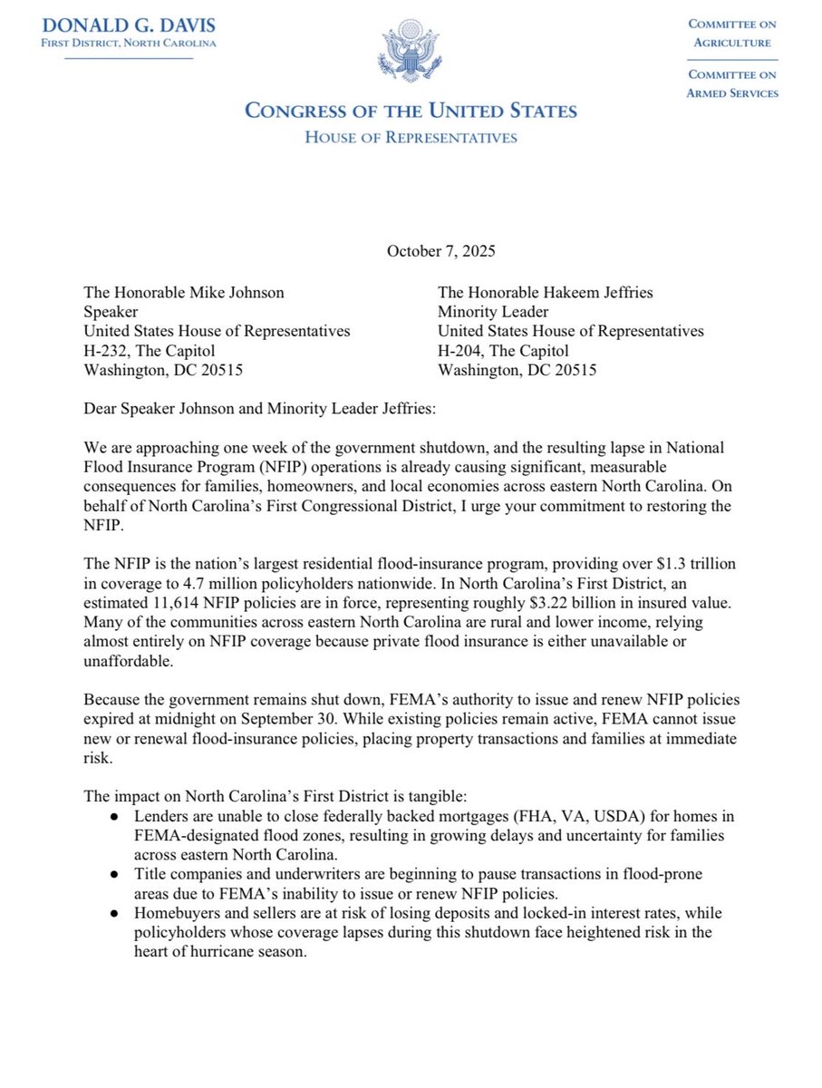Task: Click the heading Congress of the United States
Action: (x=411, y=112)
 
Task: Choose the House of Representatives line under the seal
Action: (x=411, y=138)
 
